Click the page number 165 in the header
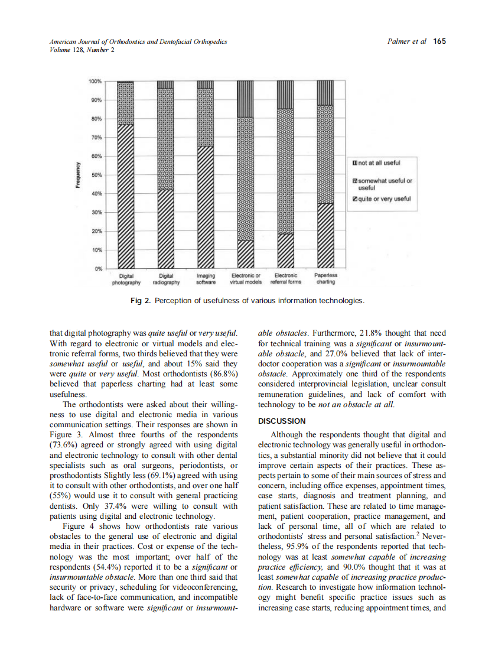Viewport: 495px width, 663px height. tap(439, 41)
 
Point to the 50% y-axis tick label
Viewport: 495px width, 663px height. tap(96, 175)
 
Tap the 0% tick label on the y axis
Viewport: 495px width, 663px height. tap(98, 269)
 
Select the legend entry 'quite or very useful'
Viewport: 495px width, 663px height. tap(381, 199)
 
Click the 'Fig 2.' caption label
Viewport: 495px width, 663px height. tap(140, 301)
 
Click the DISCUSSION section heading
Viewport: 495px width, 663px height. tap(282, 421)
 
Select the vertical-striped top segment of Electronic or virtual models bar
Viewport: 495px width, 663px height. tap(245, 99)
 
